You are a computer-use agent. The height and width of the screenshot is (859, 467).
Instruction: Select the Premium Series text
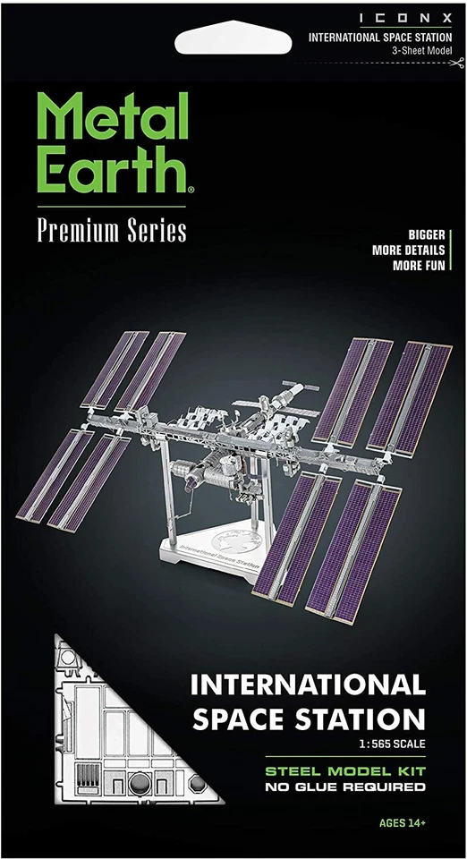tap(112, 230)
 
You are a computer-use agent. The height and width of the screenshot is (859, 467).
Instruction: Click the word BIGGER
tap(428, 234)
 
